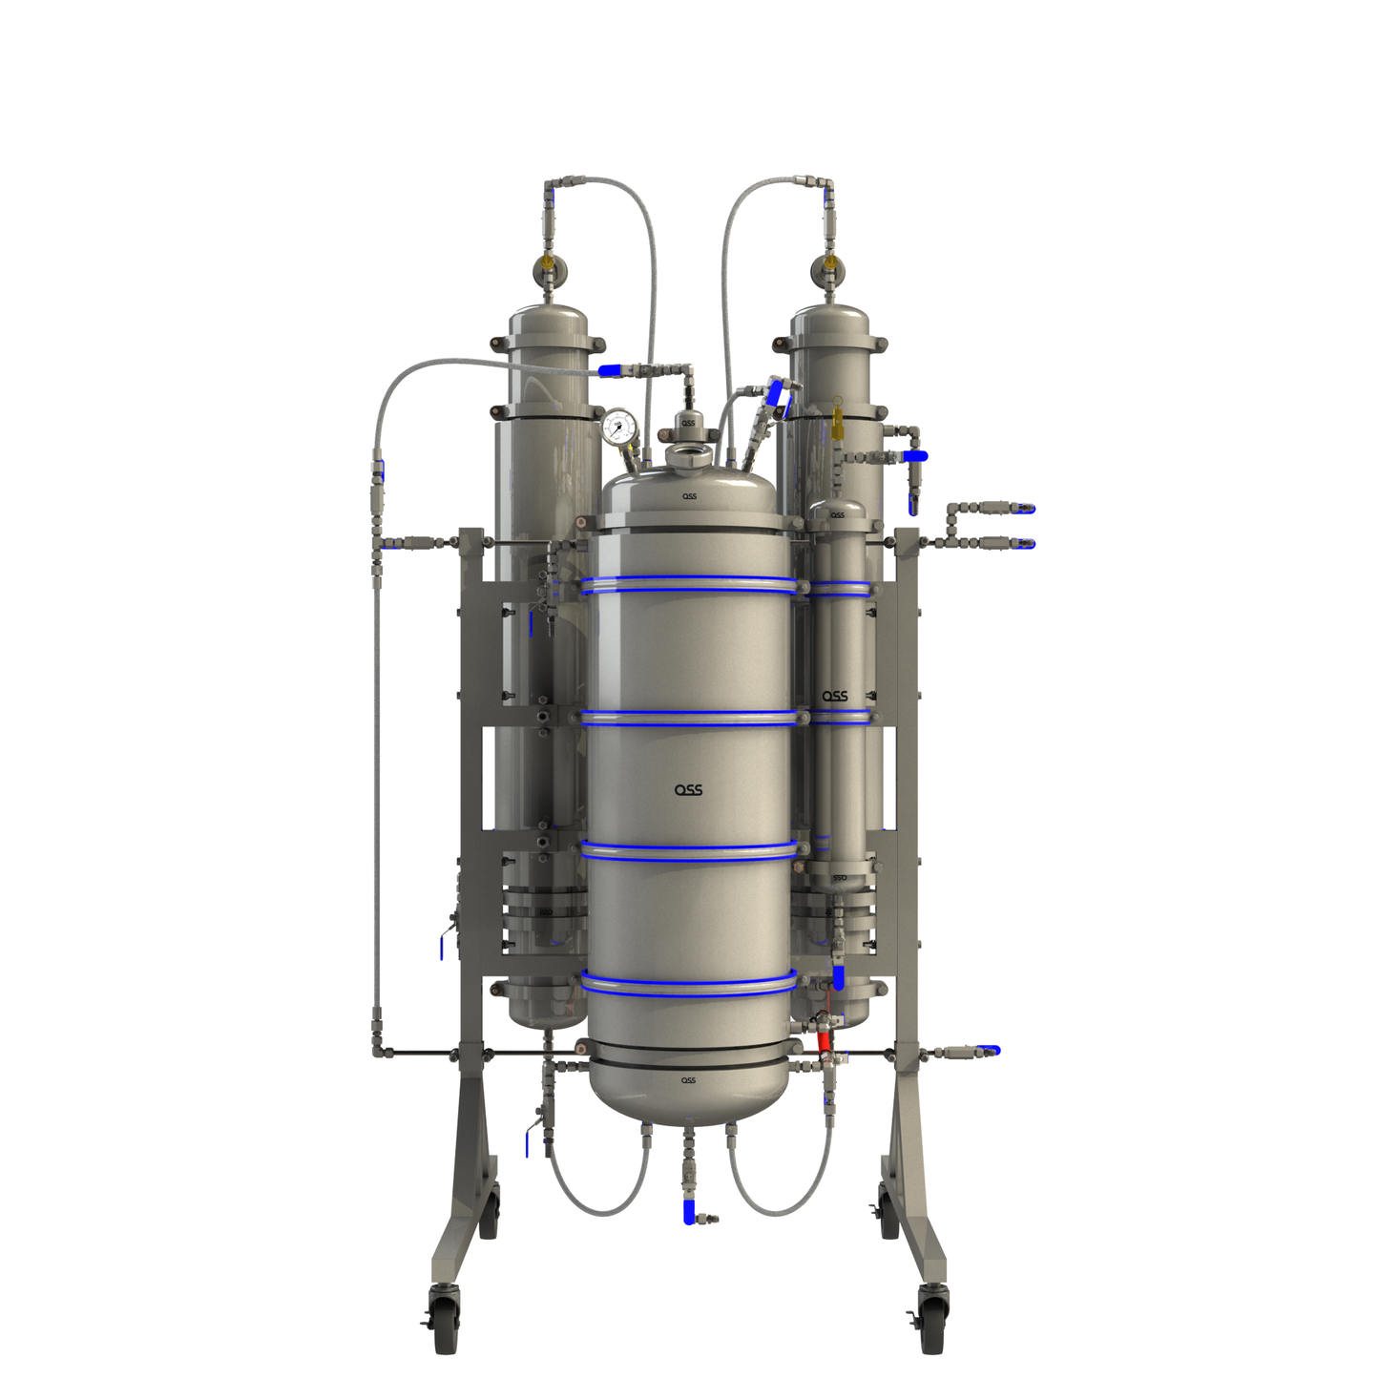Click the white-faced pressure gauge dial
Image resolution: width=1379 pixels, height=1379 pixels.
point(619,427)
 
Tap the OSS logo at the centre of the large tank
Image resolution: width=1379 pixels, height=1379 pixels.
point(688,790)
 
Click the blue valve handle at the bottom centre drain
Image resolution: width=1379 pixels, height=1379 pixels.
point(689,1213)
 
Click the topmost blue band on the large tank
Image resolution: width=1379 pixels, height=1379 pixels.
point(688,581)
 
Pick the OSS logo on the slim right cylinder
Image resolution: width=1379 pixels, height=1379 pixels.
point(835,697)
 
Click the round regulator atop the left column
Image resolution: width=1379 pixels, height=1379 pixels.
point(547,269)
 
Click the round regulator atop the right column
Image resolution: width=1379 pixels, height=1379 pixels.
point(828,269)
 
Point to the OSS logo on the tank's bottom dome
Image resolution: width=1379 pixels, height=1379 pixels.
point(688,1080)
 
